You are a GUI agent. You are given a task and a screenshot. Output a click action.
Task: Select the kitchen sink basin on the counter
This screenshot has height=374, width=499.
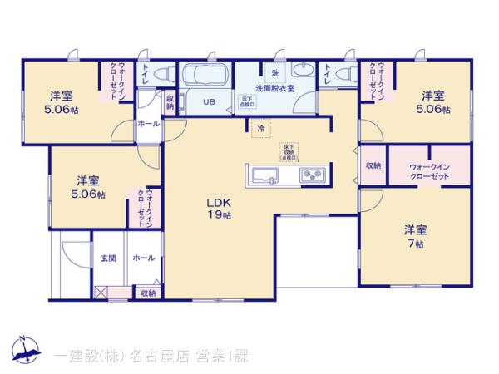pyautogui.click(x=265, y=175)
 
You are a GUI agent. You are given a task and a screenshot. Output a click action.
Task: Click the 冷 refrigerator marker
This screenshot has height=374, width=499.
pyautogui.click(x=260, y=129)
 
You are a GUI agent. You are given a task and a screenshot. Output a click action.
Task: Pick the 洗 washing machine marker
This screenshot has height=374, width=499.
pyautogui.click(x=274, y=69)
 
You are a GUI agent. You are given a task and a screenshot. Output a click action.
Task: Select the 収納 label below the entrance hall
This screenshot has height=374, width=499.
pyautogui.click(x=147, y=293)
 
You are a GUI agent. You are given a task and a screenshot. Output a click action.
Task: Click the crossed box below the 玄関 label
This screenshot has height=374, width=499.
pyautogui.click(x=101, y=293)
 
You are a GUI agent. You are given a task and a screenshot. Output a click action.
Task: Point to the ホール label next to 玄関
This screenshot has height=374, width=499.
pyautogui.click(x=142, y=258)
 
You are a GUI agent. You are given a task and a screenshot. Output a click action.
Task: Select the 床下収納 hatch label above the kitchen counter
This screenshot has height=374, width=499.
pyautogui.click(x=289, y=150)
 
